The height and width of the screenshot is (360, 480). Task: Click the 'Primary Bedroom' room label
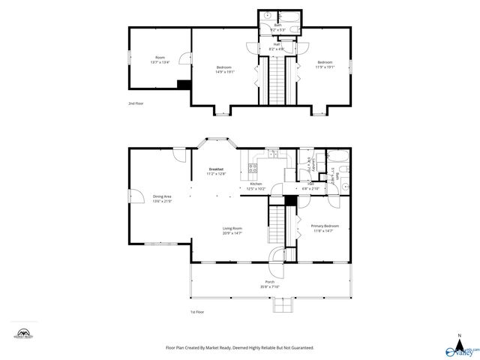[325, 226]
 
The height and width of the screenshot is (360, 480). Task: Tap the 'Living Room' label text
[232, 228]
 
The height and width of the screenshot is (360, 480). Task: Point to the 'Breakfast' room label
[216, 169]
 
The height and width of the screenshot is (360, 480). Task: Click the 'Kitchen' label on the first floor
[256, 184]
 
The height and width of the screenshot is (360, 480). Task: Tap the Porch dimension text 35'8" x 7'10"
[268, 286]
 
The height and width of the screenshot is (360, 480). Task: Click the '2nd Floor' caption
[135, 103]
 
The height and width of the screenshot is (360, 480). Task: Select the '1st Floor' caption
[197, 311]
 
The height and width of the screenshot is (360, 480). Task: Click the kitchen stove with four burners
[253, 167]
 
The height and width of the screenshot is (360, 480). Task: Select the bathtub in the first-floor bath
[337, 158]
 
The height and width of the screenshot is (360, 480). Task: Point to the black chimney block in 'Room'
[181, 84]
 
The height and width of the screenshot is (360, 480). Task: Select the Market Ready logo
[24, 334]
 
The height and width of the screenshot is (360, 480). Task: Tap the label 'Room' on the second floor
[159, 58]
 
